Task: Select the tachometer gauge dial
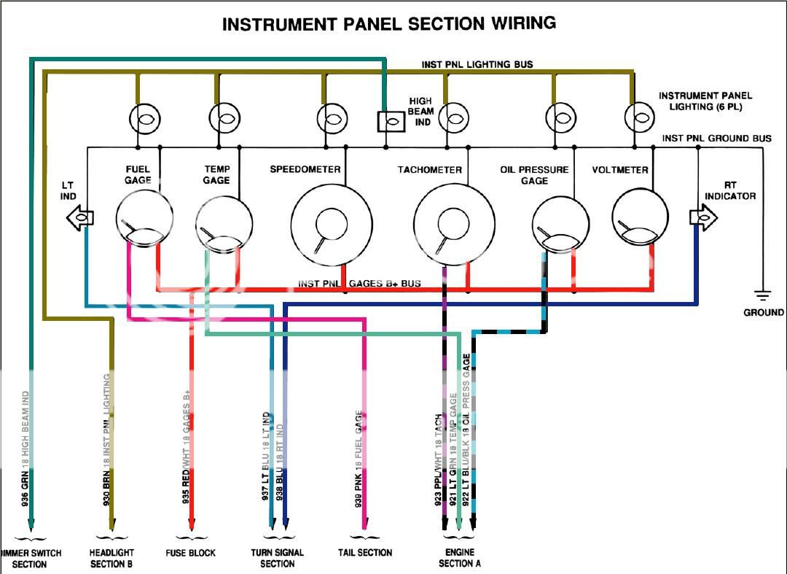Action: coord(453,223)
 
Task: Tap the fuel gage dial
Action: coord(144,218)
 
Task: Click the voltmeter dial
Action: coord(640,218)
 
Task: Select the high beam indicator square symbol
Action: coord(391,121)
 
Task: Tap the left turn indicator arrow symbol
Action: coord(79,217)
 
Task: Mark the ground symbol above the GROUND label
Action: coord(763,296)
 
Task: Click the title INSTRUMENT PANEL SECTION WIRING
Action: coord(388,24)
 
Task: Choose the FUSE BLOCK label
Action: coord(191,553)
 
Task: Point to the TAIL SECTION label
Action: coord(365,553)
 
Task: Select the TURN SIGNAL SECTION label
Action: coord(277,558)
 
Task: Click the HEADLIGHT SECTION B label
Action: coord(111,558)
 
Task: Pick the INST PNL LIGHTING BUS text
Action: coord(477,64)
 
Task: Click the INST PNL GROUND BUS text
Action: coord(716,138)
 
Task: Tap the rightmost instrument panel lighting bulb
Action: coord(638,117)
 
